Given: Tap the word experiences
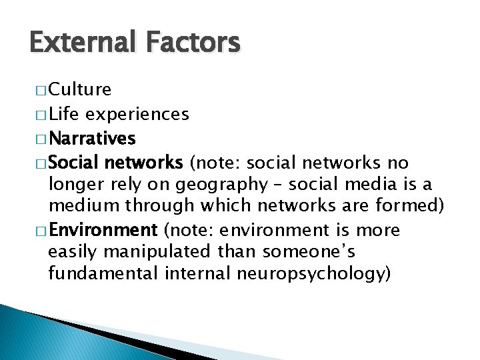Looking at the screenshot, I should pyautogui.click(x=137, y=115).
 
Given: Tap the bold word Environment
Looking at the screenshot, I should pyautogui.click(x=102, y=230).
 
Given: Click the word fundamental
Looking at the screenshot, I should pyautogui.click(x=94, y=273).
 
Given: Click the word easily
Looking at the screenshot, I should pyautogui.click(x=70, y=251).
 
